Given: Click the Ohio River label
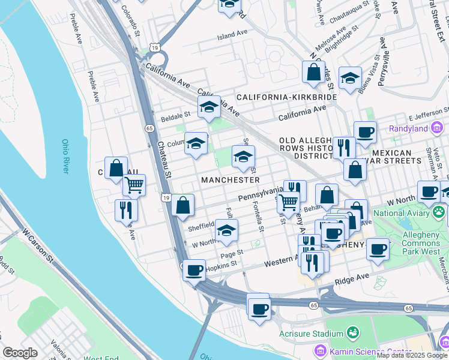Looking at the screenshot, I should pos(65,157).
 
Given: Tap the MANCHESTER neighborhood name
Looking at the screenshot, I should pos(231,180).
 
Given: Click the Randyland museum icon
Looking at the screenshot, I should pos(436,128).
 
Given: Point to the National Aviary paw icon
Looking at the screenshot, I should pos(439,212).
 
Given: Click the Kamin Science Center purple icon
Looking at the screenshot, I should pos(319,350).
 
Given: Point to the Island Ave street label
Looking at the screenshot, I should pos(232,36).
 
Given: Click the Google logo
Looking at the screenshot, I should pos(20,353).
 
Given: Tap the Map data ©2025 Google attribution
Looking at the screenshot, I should pos(412,355).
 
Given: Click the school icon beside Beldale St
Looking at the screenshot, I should pos(209,108).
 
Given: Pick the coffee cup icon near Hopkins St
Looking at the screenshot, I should pos(194,271).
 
